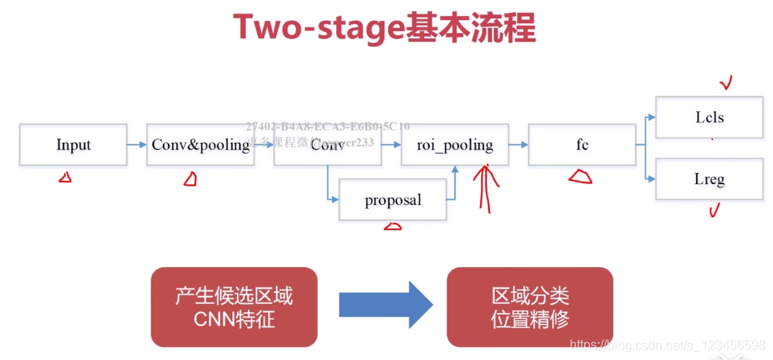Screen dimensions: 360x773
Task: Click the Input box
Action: (73, 145)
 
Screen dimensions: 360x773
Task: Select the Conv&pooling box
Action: (200, 145)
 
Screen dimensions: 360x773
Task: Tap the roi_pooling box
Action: (455, 145)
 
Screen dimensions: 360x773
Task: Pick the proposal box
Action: (392, 200)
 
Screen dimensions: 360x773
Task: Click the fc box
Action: (582, 145)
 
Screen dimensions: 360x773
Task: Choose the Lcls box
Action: (709, 118)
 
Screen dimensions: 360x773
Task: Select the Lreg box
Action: (709, 179)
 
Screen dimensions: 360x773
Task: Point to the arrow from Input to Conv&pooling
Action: (136, 145)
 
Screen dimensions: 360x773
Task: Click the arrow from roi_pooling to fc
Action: (519, 145)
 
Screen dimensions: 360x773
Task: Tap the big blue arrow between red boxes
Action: (386, 305)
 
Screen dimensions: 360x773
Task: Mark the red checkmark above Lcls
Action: (727, 82)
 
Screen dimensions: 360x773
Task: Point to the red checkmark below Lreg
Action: (714, 210)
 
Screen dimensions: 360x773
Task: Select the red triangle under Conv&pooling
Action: (190, 179)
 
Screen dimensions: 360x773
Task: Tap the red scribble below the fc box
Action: (581, 176)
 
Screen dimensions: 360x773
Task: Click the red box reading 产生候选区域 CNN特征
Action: (234, 307)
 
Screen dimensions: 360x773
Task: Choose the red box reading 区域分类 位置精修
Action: (530, 307)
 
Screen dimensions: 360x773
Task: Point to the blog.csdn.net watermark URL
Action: (667, 346)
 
